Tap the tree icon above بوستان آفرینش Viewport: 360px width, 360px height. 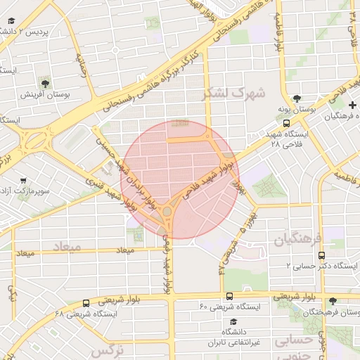45,82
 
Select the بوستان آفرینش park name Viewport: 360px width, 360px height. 44,94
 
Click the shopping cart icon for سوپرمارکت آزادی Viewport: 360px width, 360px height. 23,180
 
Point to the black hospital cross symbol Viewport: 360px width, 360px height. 351,105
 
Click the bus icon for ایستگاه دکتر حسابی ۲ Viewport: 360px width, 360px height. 321,255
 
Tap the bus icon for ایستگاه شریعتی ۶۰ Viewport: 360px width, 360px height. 229,296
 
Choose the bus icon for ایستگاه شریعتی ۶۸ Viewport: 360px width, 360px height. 86,304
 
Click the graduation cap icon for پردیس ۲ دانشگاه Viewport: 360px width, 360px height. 12,21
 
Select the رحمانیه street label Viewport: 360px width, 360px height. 80,67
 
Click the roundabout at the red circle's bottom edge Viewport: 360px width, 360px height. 168,210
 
